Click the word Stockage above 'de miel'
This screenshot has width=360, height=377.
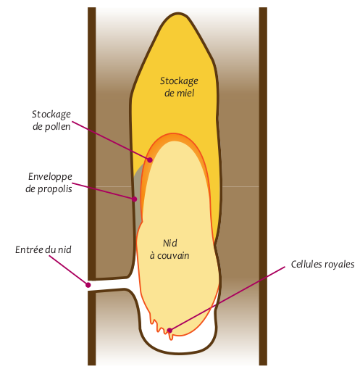[x=179, y=81]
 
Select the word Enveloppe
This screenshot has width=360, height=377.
[x=50, y=177]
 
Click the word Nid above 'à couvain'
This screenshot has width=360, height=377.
[x=170, y=243]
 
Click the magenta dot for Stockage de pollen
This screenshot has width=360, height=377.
[x=150, y=159]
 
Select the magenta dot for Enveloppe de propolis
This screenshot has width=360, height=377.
[x=135, y=199]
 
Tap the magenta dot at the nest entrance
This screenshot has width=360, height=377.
[x=88, y=285]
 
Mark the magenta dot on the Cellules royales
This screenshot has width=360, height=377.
[x=169, y=331]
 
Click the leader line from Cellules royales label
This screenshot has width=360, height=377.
[x=227, y=299]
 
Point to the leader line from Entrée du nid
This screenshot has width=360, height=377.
[x=69, y=270]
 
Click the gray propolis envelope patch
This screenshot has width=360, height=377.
[x=138, y=194]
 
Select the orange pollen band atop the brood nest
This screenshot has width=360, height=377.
[x=174, y=138]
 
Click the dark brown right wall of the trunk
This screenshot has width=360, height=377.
[x=263, y=186]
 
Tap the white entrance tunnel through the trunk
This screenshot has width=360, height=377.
[x=111, y=285]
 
